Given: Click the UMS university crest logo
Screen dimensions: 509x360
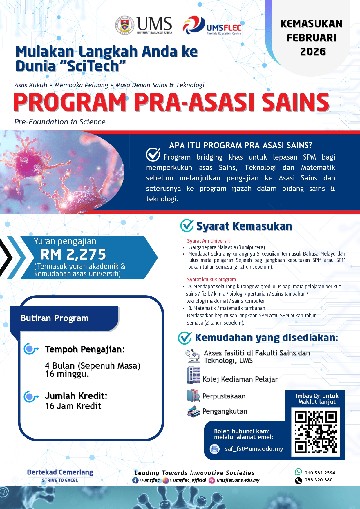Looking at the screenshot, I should pyautogui.click(x=125, y=25).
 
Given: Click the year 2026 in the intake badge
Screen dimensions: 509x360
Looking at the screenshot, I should pyautogui.click(x=313, y=52).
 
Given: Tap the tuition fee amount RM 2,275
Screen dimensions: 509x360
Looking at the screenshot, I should pyautogui.click(x=73, y=254).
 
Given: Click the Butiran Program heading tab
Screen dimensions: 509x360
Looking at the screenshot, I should pyautogui.click(x=55, y=318).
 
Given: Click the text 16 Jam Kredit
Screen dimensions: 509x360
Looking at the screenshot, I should pyautogui.click(x=73, y=406).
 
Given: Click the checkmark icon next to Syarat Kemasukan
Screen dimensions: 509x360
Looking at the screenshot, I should pyautogui.click(x=187, y=226).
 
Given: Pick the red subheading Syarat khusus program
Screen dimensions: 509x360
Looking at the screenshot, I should pyautogui.click(x=211, y=280).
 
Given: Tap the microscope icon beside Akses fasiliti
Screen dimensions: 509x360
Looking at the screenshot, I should pyautogui.click(x=193, y=356).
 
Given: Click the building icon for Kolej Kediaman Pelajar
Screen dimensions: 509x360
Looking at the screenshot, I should pyautogui.click(x=193, y=375).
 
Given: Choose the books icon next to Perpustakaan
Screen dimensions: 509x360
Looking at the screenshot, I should pyautogui.click(x=193, y=396).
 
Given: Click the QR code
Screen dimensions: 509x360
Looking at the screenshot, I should pyautogui.click(x=316, y=432).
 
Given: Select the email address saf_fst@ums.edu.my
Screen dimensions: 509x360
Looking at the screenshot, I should pyautogui.click(x=254, y=449).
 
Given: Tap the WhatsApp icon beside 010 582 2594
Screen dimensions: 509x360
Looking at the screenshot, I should pyautogui.click(x=298, y=472).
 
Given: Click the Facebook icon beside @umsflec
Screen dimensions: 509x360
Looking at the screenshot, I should pyautogui.click(x=135, y=480).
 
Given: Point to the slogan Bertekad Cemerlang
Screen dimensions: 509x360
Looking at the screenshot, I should pyautogui.click(x=60, y=472).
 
